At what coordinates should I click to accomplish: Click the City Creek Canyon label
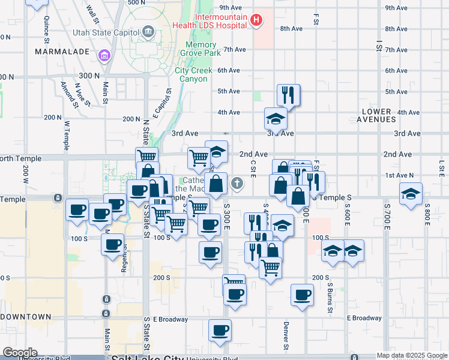coord(193,74)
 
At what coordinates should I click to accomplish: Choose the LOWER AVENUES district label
coord(376,116)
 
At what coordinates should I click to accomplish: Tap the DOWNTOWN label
coord(26,316)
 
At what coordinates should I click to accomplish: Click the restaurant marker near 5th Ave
coord(289,94)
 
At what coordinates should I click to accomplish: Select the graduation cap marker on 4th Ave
coord(276,118)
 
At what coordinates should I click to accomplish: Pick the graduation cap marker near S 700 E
coord(411,194)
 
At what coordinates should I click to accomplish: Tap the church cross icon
coord(238,184)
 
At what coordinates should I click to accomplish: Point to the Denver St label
coord(286,335)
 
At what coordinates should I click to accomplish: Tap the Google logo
coord(19,353)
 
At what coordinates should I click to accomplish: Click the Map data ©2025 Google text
coord(411,355)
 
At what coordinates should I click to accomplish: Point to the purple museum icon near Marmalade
coord(104,56)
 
